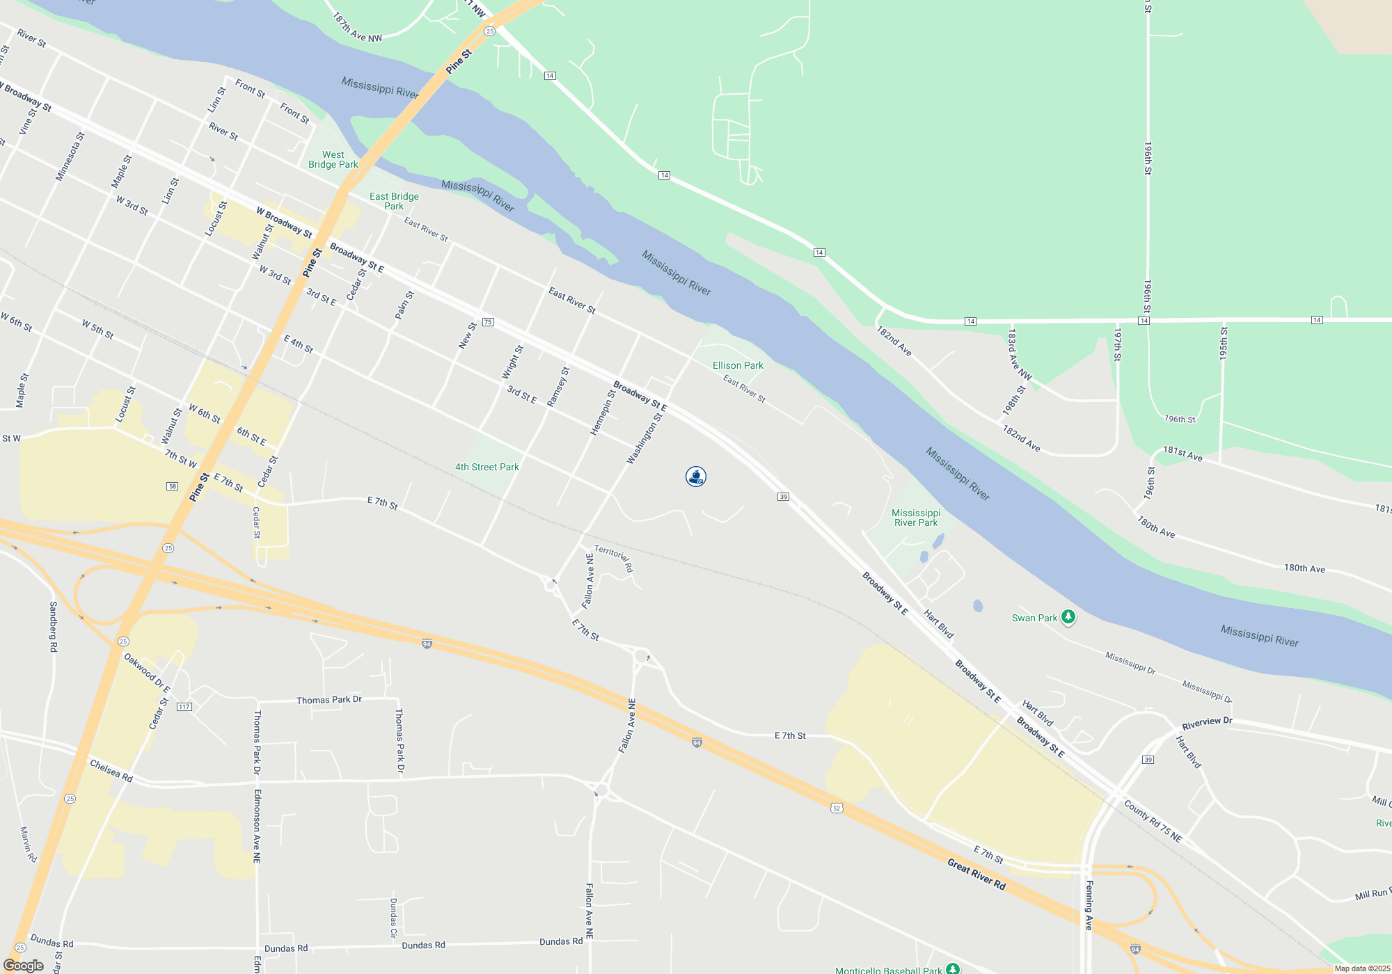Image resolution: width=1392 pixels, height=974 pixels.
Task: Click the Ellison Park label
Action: click(738, 365)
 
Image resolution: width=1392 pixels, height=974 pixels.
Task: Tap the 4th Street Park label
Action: click(487, 467)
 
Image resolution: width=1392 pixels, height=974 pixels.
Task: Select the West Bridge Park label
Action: click(333, 159)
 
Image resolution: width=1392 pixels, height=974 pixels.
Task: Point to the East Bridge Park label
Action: click(394, 201)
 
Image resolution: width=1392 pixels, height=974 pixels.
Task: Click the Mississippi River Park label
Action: click(915, 518)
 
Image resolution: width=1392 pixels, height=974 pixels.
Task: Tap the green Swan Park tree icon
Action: click(1068, 616)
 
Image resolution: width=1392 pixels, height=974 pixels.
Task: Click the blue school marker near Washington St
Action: click(695, 477)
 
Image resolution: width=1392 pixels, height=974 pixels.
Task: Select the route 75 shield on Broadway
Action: click(488, 322)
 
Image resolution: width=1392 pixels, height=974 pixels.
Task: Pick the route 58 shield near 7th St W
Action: click(172, 486)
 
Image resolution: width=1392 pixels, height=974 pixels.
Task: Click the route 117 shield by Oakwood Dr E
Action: click(184, 707)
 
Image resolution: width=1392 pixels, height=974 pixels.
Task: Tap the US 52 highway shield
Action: click(837, 808)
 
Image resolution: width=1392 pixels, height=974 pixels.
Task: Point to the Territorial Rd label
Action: click(614, 559)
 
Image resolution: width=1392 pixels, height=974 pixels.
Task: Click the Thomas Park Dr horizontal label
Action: click(329, 700)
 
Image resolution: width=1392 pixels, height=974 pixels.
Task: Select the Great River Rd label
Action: click(976, 875)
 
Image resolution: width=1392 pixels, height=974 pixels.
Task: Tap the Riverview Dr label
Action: click(1207, 723)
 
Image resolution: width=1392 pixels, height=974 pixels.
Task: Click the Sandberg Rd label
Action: click(53, 627)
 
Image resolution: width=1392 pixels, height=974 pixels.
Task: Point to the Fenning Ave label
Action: click(1089, 904)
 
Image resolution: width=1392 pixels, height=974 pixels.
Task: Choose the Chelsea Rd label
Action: click(111, 771)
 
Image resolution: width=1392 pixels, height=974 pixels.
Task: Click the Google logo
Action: click(23, 966)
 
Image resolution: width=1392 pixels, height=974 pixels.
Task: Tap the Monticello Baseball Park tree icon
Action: click(953, 968)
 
